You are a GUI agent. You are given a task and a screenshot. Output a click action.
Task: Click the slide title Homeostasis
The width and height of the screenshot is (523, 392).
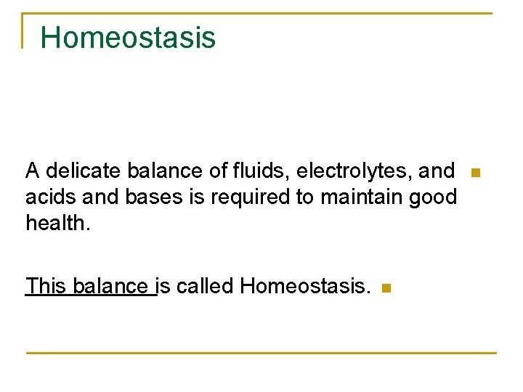128,37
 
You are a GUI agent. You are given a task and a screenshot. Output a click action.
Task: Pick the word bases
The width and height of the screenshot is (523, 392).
153,197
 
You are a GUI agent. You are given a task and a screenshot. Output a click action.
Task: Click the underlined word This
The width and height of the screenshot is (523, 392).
46,286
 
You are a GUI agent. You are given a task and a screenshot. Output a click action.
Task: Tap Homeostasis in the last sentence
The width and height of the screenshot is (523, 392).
305,286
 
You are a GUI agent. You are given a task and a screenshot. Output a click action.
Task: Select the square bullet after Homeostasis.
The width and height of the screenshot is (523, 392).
386,288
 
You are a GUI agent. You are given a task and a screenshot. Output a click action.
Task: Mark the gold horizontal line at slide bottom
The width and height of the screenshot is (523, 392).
261,353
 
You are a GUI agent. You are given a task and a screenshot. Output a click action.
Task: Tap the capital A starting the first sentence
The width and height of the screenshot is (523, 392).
32,171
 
